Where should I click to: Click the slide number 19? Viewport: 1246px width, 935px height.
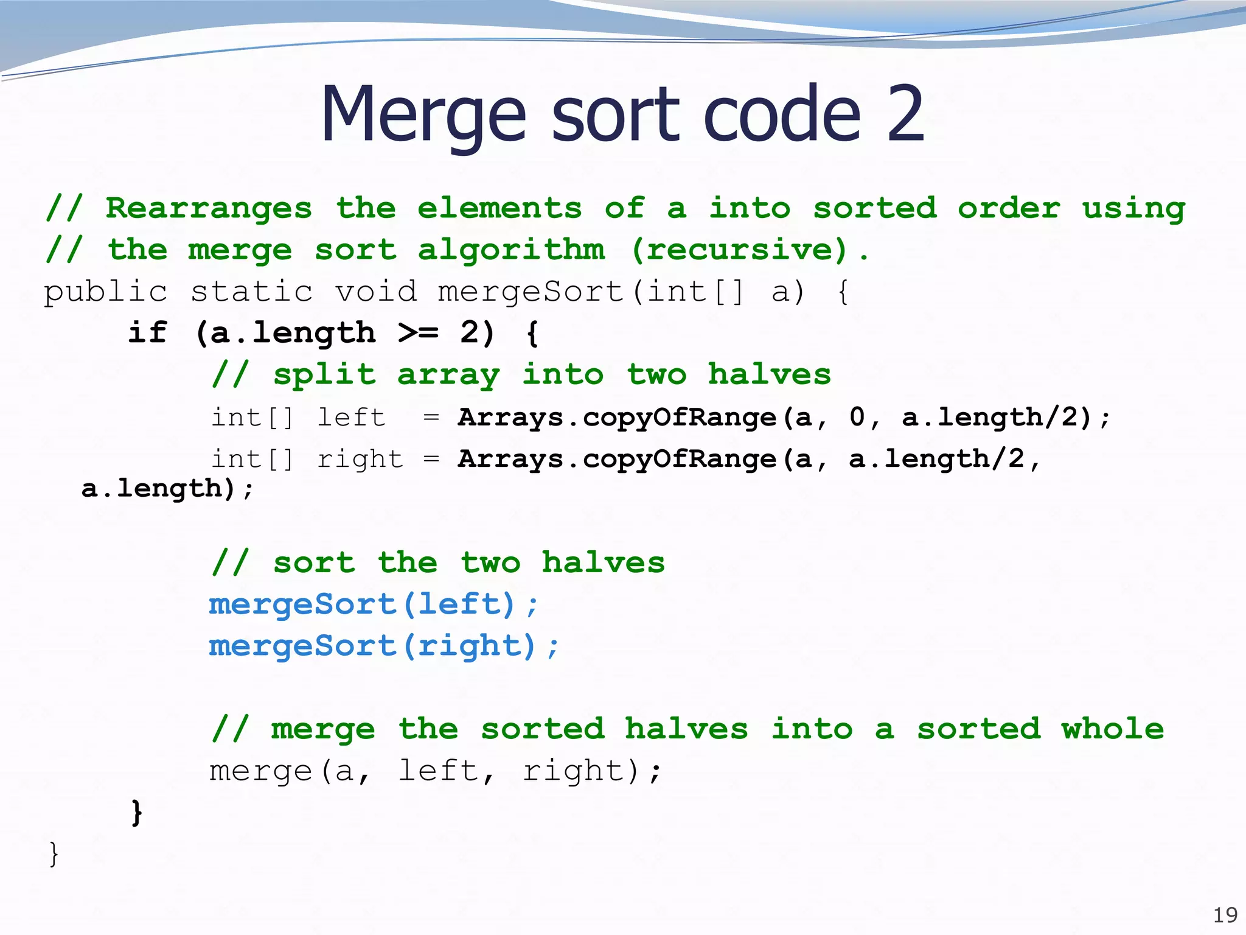[1225, 915]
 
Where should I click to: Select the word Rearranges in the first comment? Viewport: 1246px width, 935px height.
[209, 209]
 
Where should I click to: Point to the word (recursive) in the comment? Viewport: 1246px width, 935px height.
[739, 250]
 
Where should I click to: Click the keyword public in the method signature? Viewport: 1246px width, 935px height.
[105, 292]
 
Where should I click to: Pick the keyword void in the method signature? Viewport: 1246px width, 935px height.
[376, 292]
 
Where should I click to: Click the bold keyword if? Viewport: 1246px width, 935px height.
[147, 333]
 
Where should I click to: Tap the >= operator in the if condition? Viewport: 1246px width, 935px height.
[418, 333]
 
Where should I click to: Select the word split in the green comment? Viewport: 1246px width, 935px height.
[324, 375]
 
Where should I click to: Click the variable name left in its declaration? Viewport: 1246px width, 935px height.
[351, 418]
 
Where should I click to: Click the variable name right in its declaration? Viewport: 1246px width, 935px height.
[360, 460]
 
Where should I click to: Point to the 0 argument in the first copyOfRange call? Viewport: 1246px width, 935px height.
[857, 418]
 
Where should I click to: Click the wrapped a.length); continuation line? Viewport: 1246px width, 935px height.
[167, 488]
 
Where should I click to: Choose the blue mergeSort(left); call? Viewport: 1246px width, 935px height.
[373, 604]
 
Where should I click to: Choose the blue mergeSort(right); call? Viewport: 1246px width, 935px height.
[383, 646]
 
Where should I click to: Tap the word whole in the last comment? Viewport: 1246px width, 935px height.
[1113, 729]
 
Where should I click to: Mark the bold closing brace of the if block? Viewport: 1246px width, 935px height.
[137, 813]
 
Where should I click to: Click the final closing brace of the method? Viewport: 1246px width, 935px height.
[54, 853]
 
